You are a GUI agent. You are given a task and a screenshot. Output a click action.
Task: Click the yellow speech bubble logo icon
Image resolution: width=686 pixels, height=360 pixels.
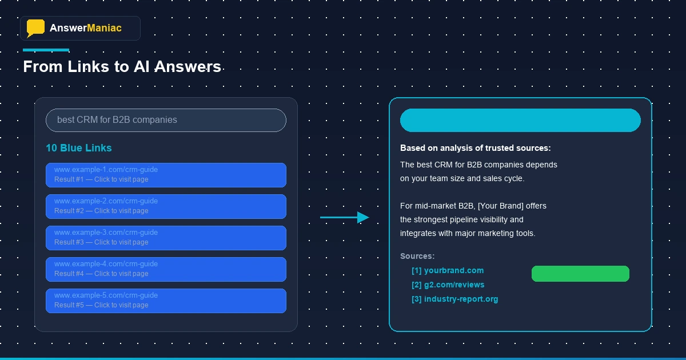(x=35, y=28)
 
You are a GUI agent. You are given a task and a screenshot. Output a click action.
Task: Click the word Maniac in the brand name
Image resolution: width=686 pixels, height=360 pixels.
(x=104, y=28)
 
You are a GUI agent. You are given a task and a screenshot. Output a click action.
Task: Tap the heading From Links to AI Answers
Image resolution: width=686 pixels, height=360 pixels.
(x=122, y=67)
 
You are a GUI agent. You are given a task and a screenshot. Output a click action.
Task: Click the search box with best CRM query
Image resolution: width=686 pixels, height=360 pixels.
(x=166, y=120)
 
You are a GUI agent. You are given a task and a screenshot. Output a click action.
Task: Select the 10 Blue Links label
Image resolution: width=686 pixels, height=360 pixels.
(x=79, y=148)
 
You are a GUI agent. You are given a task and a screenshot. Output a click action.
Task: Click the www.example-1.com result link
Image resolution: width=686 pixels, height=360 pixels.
(x=106, y=170)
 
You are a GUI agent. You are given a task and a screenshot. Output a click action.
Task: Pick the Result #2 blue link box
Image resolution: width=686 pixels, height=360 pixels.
(x=166, y=206)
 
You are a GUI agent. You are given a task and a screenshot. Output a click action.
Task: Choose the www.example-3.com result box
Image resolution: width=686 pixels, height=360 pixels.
(x=166, y=238)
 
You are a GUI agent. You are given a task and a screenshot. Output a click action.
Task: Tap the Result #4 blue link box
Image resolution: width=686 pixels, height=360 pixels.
(x=166, y=269)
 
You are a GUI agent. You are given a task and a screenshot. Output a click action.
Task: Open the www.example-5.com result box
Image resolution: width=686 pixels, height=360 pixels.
(x=166, y=301)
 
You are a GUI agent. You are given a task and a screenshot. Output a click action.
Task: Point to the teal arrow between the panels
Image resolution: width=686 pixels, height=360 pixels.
(x=345, y=217)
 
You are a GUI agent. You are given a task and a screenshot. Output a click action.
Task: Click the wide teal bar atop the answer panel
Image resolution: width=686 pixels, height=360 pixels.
(x=520, y=120)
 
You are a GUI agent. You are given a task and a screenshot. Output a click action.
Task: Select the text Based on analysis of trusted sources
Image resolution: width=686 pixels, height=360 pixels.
(x=475, y=148)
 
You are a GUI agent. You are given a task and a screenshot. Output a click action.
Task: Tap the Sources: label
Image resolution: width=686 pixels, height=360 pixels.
(x=417, y=256)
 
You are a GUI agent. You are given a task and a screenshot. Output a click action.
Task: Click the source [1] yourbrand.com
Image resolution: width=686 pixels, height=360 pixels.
(x=448, y=270)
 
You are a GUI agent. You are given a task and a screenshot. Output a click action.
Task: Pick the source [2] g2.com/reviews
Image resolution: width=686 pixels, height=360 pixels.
(x=448, y=285)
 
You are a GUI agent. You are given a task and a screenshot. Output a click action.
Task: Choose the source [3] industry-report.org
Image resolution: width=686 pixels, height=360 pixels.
(x=454, y=299)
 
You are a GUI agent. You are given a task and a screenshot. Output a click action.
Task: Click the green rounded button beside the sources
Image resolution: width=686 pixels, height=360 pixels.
(x=580, y=274)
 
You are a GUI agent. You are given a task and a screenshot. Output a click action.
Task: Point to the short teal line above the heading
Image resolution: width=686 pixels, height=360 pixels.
(x=46, y=50)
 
